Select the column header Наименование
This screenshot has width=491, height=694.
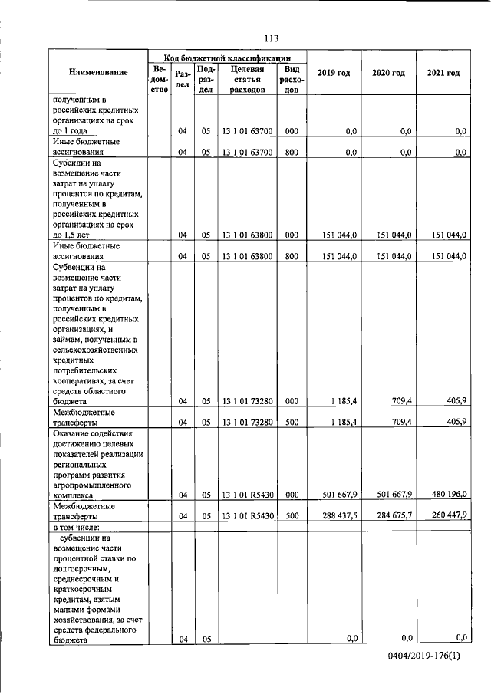coord(98,72)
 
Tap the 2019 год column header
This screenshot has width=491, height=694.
coord(333,72)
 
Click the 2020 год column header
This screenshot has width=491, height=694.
coord(388,72)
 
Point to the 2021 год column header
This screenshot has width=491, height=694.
coord(443,72)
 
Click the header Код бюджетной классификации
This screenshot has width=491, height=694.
coord(226,57)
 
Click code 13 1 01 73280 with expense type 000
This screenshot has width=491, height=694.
coord(246,400)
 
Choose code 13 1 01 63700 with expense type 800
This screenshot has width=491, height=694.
coord(246,152)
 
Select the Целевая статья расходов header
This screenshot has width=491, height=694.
coord(246,79)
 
